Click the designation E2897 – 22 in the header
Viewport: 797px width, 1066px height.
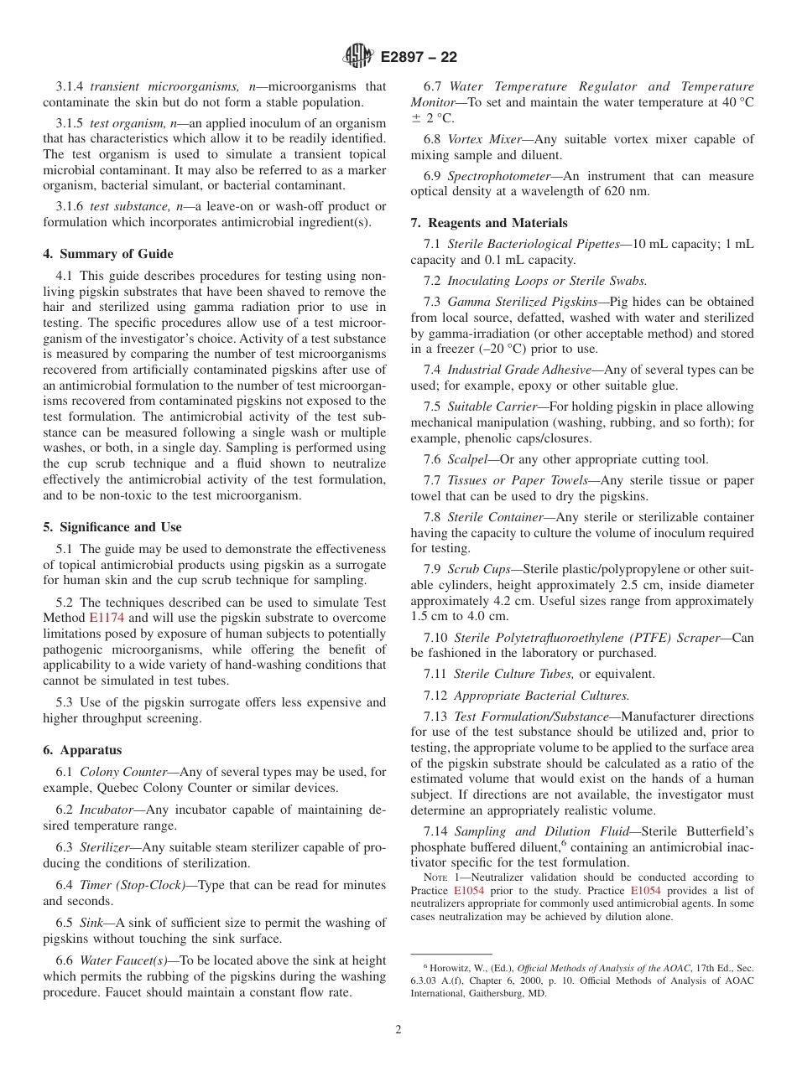pyautogui.click(x=419, y=57)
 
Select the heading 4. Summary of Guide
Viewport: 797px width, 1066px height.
pyautogui.click(x=108, y=254)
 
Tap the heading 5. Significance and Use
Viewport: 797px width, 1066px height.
pyautogui.click(x=112, y=527)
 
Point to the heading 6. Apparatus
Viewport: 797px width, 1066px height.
pyautogui.click(x=82, y=750)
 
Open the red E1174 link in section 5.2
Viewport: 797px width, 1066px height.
pyautogui.click(x=105, y=618)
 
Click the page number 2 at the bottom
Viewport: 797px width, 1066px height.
pyautogui.click(x=398, y=1029)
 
